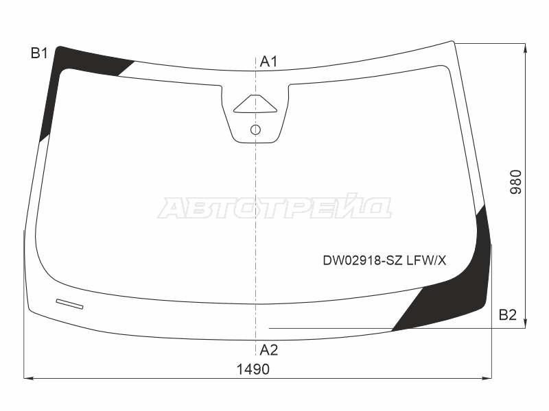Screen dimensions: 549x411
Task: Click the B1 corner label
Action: [x=39, y=53]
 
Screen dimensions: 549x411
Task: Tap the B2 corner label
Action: [x=508, y=315]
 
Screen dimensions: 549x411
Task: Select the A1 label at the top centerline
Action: [x=268, y=62]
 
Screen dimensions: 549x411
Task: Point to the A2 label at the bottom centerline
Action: [x=269, y=350]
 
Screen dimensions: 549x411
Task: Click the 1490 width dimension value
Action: [x=253, y=369]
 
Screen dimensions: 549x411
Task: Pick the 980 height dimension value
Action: [x=516, y=182]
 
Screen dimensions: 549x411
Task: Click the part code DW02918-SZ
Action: [x=362, y=260]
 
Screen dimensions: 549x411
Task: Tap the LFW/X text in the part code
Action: [x=426, y=260]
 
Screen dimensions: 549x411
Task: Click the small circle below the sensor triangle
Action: [x=255, y=130]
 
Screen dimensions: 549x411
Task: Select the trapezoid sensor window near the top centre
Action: [x=255, y=104]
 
